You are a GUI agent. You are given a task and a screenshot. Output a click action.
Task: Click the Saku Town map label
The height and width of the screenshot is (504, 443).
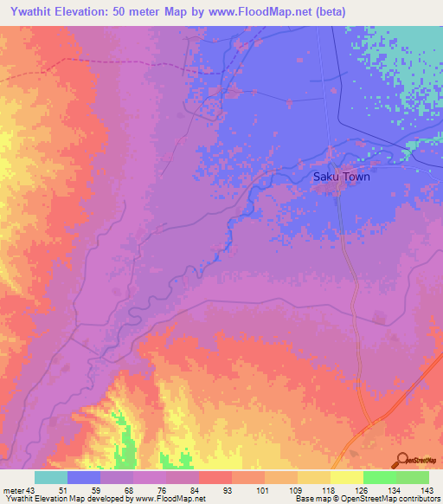pyautogui.click(x=341, y=177)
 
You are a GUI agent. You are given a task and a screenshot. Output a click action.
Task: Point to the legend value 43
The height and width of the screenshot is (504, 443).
pyautogui.click(x=33, y=490)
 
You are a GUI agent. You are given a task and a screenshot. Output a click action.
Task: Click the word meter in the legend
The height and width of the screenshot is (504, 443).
pyautogui.click(x=14, y=490)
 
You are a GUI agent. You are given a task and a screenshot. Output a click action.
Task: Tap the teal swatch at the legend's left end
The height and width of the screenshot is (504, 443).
pyautogui.click(x=51, y=477)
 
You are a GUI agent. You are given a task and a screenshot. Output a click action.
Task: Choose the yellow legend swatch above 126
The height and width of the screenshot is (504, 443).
pyautogui.click(x=346, y=477)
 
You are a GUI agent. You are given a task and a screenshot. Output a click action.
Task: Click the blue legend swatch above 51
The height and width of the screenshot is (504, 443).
pyautogui.click(x=84, y=477)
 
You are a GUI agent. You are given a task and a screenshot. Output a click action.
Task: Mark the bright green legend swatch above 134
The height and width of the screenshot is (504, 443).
pyautogui.click(x=379, y=477)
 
